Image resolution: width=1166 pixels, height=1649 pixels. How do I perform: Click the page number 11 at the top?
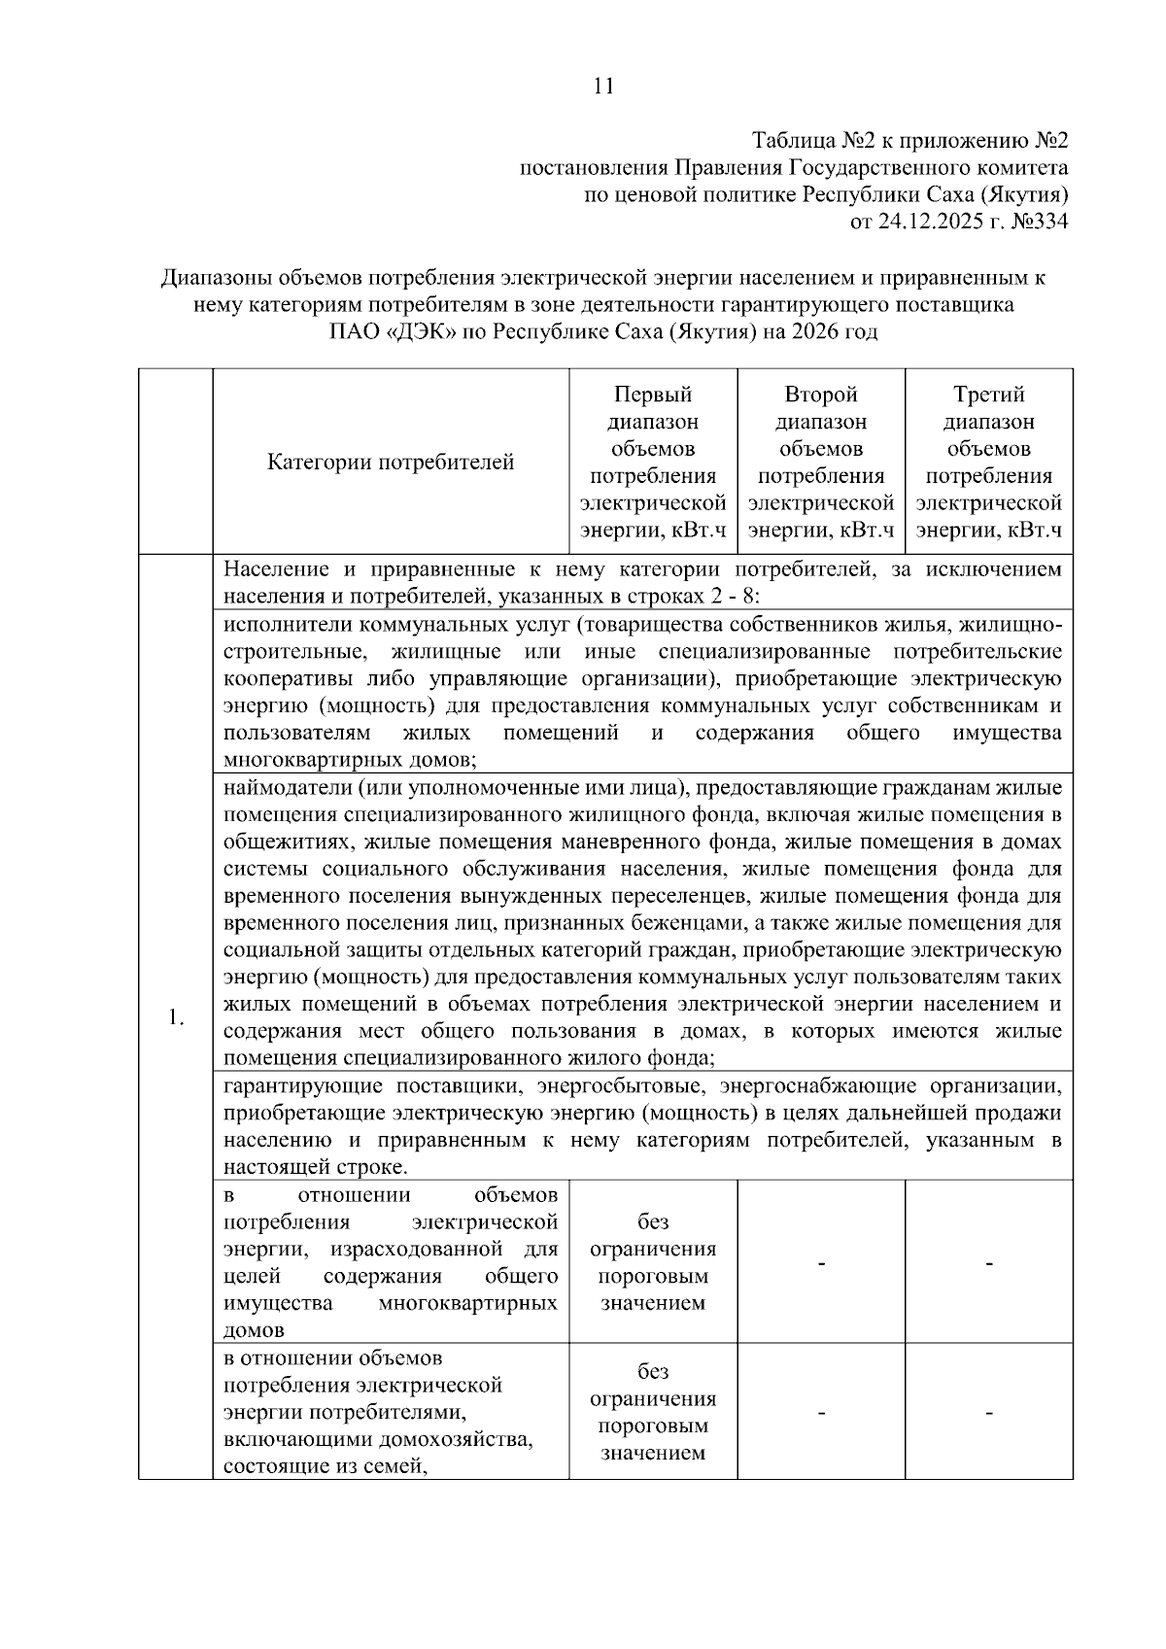pyautogui.click(x=602, y=86)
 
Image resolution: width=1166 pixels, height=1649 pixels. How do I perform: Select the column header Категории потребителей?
pyautogui.click(x=391, y=463)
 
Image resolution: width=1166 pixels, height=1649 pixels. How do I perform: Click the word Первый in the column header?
pyautogui.click(x=653, y=395)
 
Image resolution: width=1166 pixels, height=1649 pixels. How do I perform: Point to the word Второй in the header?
pyautogui.click(x=821, y=395)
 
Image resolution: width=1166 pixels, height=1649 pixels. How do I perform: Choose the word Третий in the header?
pyautogui.click(x=988, y=395)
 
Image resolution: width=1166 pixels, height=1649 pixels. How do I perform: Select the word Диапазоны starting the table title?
pyautogui.click(x=217, y=278)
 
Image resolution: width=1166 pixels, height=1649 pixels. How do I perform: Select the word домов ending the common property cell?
pyautogui.click(x=255, y=1330)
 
